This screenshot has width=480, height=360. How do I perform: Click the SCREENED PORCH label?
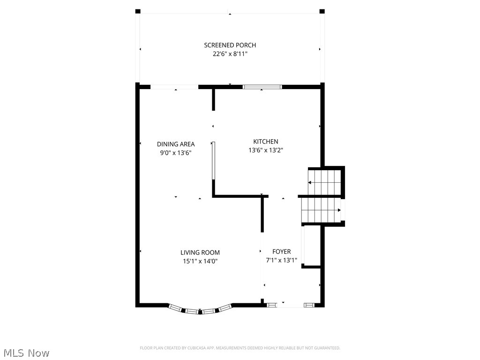(x=230, y=45)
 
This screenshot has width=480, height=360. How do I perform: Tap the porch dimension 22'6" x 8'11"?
(x=230, y=54)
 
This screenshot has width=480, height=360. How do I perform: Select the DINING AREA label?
(x=176, y=144)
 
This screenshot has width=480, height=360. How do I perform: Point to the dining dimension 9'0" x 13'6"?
(x=176, y=152)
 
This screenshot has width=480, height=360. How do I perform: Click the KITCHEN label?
(x=266, y=142)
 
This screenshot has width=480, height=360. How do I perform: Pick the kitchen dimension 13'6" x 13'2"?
(x=266, y=150)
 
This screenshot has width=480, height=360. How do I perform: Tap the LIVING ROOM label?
(x=200, y=253)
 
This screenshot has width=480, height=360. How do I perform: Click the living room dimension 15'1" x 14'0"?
(x=200, y=261)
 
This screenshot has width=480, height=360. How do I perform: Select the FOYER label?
(x=281, y=252)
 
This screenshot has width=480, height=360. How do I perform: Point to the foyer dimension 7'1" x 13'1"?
(x=281, y=260)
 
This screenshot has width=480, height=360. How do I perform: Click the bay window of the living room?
(x=200, y=310)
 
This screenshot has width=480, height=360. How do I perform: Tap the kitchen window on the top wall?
(x=262, y=87)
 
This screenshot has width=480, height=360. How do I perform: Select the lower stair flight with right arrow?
(x=321, y=210)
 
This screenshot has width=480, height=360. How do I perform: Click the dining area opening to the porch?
(x=174, y=87)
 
